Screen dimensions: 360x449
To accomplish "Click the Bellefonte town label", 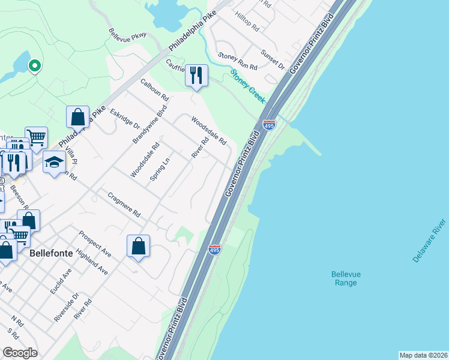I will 51,253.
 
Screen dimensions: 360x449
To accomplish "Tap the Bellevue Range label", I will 346,278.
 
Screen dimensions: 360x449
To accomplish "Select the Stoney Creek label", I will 248,85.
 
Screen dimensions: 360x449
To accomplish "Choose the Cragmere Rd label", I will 124,204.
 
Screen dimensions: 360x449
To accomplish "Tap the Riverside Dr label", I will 67,308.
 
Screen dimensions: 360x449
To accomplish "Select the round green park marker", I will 35,65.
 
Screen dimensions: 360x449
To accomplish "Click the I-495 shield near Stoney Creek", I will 269,125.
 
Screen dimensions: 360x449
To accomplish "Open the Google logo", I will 20,353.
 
